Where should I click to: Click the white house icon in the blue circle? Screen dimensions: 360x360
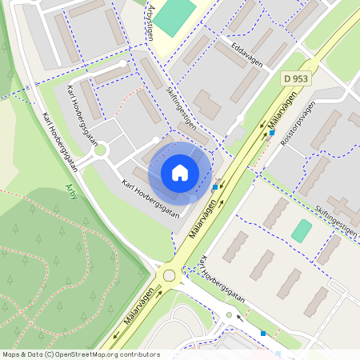(180, 173)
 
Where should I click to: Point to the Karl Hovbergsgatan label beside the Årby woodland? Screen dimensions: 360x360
(60, 141)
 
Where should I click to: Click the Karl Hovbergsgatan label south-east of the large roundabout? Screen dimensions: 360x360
(223, 284)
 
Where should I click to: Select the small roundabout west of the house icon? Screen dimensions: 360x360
(101, 149)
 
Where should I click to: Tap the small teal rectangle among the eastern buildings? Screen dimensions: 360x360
(302, 231)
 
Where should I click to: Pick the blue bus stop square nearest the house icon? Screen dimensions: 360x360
(215, 187)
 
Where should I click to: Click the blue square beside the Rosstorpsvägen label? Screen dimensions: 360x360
(272, 133)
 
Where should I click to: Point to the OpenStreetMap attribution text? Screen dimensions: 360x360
(80, 354)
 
